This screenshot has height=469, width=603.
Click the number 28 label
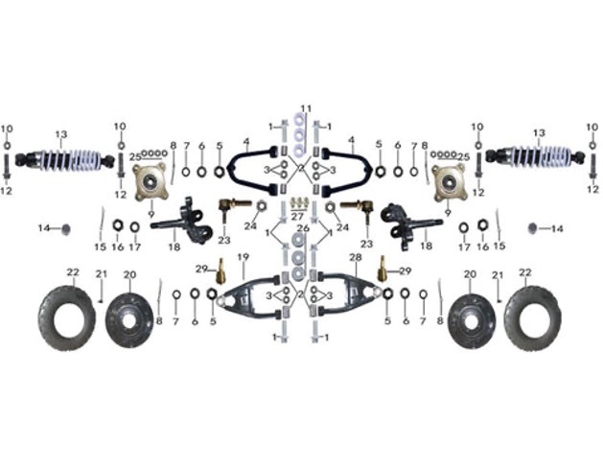click(x=355, y=257)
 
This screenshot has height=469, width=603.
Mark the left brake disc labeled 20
click(x=129, y=315)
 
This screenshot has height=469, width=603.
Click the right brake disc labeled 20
click(x=470, y=315)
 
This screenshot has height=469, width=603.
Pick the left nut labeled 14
click(x=64, y=228)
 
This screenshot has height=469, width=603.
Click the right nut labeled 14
click(x=532, y=228)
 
